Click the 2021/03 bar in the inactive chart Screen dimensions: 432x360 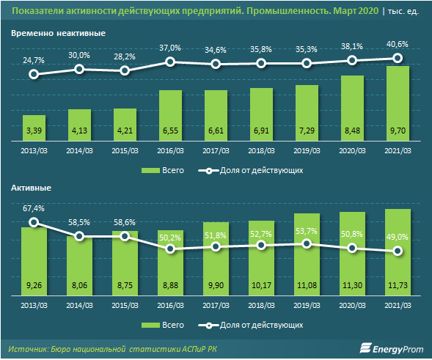[398, 103]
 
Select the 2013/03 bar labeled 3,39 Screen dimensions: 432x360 [34, 128]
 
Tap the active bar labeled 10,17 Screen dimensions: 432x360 [261, 258]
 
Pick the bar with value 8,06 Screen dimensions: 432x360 [79, 266]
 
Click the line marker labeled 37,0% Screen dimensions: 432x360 [170, 62]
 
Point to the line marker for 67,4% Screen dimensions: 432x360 [34, 222]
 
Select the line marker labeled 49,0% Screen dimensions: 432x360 [398, 251]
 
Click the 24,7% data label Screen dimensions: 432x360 [34, 60]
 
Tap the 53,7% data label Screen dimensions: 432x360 [307, 231]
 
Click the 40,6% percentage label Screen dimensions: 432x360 [398, 44]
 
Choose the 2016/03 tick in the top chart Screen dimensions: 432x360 [170, 150]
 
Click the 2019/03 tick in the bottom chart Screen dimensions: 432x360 [307, 306]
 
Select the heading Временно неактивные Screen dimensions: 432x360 [58, 33]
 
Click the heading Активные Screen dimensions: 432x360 [31, 188]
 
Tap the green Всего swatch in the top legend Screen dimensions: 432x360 [150, 171]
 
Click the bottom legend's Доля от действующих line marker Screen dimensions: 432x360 [209, 326]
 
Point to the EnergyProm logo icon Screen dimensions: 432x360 [365, 348]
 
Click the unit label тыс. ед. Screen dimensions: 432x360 [403, 11]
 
